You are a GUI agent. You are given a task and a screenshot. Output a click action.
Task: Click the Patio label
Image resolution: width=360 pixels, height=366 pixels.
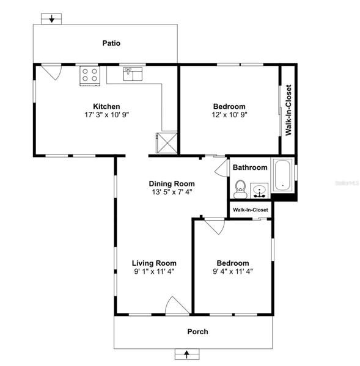pyautogui.click(x=111, y=43)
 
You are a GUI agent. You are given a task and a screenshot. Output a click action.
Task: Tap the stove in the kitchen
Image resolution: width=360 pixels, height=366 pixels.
pyautogui.click(x=90, y=76)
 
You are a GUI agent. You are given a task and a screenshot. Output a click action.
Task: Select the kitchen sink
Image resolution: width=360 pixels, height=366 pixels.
pyautogui.click(x=133, y=74)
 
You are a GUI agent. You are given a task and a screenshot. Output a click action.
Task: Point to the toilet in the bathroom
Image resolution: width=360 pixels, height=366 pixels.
pyautogui.click(x=240, y=189)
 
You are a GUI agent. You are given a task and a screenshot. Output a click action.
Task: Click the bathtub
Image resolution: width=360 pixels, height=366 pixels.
pyautogui.click(x=282, y=175)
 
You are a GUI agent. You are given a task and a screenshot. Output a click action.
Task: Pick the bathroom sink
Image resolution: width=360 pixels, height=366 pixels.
pyautogui.click(x=259, y=191)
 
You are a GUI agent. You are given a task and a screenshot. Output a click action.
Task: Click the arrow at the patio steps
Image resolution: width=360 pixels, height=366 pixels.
pyautogui.click(x=51, y=19)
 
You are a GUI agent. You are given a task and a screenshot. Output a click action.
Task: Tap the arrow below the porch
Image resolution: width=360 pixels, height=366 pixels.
pyautogui.click(x=186, y=354)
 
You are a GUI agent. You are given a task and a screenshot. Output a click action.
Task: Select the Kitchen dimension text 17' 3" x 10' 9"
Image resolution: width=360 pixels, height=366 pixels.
pyautogui.click(x=107, y=115)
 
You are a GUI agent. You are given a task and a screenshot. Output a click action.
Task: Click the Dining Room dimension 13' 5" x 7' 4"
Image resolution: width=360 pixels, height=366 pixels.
pyautogui.click(x=172, y=192)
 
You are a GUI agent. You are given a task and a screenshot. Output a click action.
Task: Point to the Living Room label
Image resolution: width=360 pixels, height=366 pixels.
pyautogui.click(x=154, y=263)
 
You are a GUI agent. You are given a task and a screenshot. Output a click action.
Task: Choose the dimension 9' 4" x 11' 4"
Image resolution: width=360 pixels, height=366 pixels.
pyautogui.click(x=233, y=272)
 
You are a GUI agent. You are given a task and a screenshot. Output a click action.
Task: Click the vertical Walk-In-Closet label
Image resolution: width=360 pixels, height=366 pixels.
pyautogui.click(x=288, y=110)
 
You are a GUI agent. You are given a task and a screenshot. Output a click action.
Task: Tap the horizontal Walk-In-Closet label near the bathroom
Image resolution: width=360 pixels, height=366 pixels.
pyautogui.click(x=250, y=210)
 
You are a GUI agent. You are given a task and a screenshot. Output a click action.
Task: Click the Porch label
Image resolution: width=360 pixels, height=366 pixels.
pyautogui.click(x=197, y=332)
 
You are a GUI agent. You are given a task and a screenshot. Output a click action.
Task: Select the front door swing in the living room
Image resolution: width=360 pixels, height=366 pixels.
pyautogui.click(x=177, y=305)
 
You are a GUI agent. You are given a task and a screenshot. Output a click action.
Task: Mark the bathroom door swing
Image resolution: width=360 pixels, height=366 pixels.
pyautogui.click(x=221, y=168)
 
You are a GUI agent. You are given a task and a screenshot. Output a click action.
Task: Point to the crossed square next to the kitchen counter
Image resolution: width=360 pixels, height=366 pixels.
pyautogui.click(x=167, y=143)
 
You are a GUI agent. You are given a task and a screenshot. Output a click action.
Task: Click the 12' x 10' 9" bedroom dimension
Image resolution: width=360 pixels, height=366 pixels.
pyautogui.click(x=229, y=115)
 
